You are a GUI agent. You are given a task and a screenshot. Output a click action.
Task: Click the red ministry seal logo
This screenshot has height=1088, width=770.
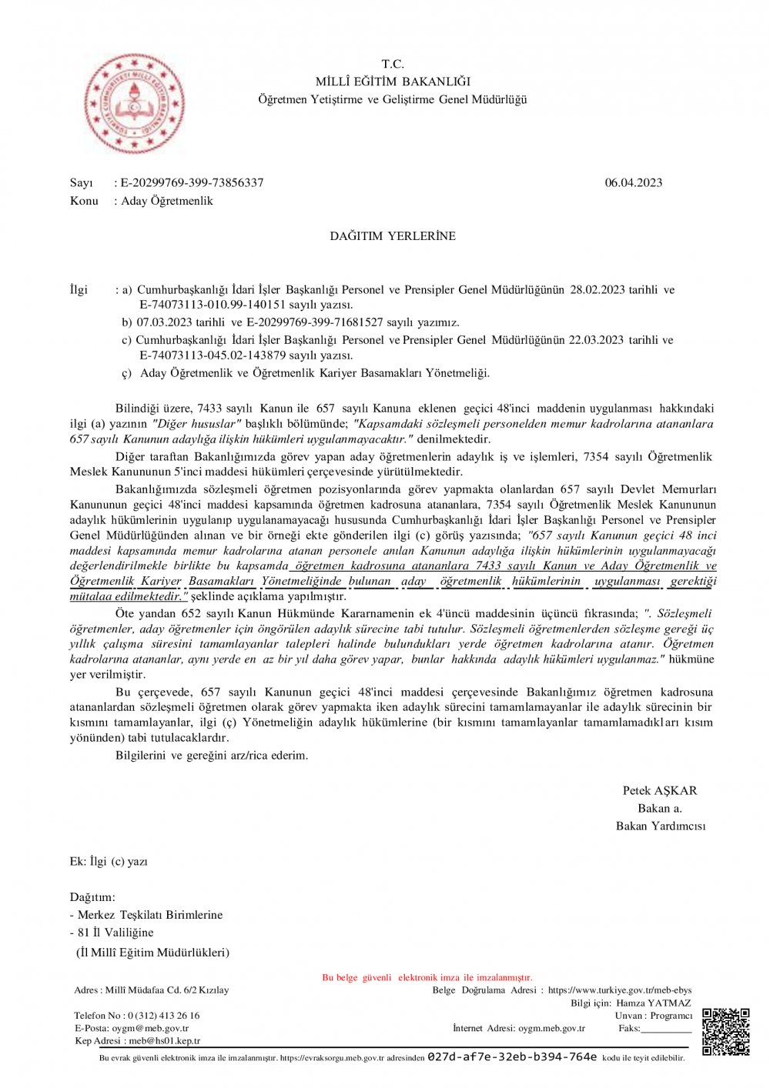tap(134, 104)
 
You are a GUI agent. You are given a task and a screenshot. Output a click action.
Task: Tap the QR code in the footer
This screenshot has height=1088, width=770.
tap(725, 1032)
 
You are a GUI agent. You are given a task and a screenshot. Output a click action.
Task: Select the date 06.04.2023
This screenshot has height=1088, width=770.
tap(633, 183)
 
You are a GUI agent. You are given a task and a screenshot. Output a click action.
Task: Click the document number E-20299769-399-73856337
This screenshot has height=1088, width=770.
tap(192, 183)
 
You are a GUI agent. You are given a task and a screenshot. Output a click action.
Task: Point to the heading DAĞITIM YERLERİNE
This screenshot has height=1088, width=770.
tap(393, 236)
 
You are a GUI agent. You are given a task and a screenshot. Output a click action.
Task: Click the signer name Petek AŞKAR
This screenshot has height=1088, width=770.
tap(659, 791)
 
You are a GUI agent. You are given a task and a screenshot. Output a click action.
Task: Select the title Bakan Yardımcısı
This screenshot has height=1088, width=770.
tap(660, 826)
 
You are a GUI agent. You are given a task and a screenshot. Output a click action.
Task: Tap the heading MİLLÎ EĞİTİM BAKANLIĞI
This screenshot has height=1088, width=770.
tap(393, 82)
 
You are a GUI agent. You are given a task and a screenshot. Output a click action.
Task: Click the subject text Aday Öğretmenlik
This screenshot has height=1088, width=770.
tap(167, 201)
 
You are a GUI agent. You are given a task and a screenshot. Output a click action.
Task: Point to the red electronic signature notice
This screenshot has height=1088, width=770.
tap(427, 978)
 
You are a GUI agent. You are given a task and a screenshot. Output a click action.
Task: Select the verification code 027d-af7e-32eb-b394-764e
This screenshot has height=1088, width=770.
tap(512, 1057)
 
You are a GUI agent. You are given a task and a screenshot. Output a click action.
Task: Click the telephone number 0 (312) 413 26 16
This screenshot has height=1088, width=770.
tap(163, 1016)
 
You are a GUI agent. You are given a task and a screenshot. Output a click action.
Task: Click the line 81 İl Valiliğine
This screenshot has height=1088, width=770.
tap(115, 933)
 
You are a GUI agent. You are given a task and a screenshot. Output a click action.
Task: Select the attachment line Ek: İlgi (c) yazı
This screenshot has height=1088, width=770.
tap(109, 862)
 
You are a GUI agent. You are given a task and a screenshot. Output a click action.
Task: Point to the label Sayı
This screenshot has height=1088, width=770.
tap(81, 183)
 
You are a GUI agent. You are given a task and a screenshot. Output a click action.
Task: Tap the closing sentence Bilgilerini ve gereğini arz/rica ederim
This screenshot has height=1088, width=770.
tap(212, 756)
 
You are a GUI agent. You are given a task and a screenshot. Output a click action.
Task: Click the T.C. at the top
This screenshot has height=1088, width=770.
tap(393, 64)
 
